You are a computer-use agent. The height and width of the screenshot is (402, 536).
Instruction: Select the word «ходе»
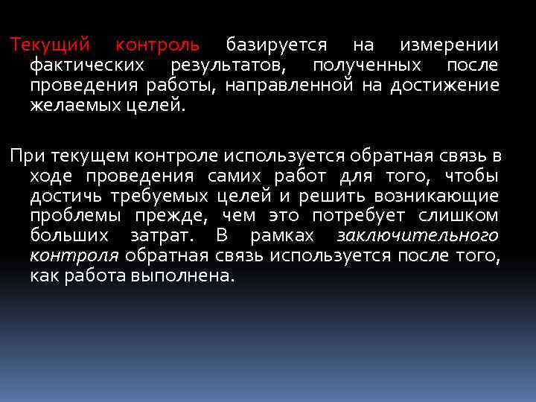(52, 176)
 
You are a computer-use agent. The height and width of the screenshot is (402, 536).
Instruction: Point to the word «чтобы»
(471, 176)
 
